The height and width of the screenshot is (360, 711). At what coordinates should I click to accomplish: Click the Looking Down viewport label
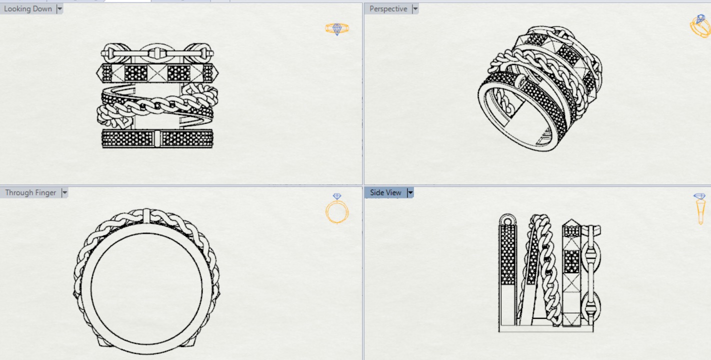coord(28,9)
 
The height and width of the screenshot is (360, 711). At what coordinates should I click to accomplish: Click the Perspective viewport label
coord(388,9)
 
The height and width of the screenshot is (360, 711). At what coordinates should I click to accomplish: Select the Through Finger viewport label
coord(30,192)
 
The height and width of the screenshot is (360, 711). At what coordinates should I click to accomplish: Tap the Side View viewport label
coord(385,192)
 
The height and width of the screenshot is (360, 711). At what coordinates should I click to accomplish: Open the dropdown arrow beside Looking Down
coord(59,9)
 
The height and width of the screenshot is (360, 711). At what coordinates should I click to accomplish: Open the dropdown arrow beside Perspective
coord(415,9)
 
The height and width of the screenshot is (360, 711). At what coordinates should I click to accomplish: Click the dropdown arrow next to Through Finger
coord(64,192)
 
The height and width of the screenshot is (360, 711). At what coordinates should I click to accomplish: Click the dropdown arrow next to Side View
coord(410,192)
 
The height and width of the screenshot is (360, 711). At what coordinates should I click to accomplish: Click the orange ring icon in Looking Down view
coord(337,28)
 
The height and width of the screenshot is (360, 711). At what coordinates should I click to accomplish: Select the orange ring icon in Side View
coord(700,209)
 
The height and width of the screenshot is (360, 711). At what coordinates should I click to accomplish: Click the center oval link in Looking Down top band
coord(157,52)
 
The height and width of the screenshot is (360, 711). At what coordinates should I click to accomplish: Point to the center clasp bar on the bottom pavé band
coord(157,138)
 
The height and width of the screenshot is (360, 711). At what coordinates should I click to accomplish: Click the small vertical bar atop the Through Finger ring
coord(146,216)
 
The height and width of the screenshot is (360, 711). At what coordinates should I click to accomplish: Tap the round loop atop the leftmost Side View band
coord(507,220)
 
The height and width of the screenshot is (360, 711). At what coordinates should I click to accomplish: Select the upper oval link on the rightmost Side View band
coord(590,256)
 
